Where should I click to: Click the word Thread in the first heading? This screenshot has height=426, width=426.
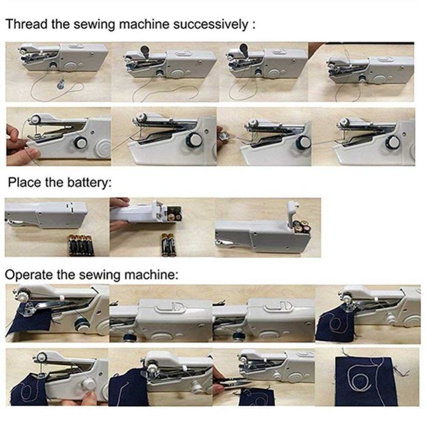[x=23, y=25]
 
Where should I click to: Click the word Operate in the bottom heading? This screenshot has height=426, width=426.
[x=27, y=274]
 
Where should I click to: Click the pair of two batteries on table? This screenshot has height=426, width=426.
[x=166, y=245]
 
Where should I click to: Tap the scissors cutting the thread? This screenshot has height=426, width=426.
[x=234, y=382]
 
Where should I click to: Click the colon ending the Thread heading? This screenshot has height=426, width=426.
[x=253, y=26]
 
